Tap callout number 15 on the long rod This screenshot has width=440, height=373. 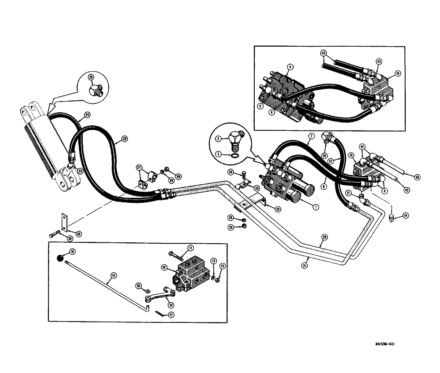point(113,276)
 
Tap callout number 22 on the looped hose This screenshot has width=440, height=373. point(124,139)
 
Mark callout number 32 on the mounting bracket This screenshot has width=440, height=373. point(279,209)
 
